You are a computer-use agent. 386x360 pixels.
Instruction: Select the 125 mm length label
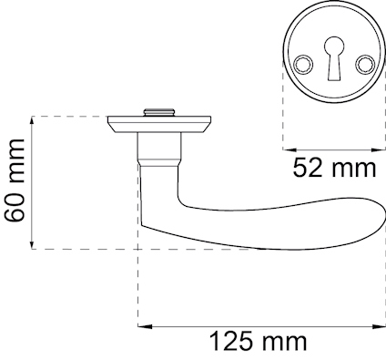(x=259, y=343)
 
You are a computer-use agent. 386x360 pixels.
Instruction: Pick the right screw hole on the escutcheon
(x=366, y=64)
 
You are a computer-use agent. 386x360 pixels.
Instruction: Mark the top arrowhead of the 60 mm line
(x=34, y=120)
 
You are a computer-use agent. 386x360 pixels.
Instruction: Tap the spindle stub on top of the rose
(x=160, y=113)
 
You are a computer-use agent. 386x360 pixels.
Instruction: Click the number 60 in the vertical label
(x=15, y=206)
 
